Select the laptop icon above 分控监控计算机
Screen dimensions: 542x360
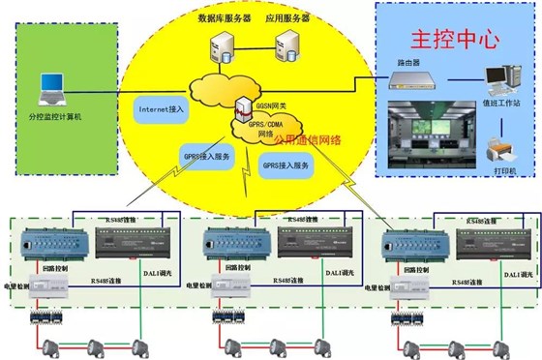[49, 90]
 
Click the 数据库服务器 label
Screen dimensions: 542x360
[224, 17]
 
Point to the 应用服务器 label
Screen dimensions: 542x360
[288, 17]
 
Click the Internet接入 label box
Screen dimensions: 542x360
[162, 109]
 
